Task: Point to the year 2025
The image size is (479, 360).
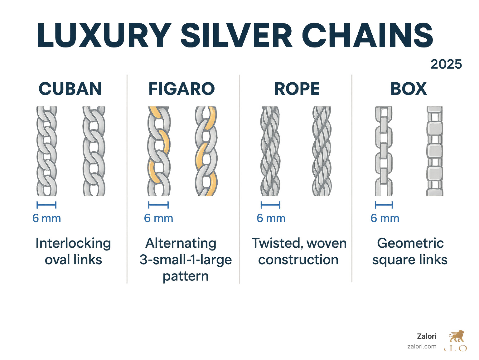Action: [446, 64]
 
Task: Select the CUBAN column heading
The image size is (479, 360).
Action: [70, 89]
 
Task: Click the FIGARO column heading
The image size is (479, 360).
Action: [181, 89]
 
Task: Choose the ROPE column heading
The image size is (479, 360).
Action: [297, 89]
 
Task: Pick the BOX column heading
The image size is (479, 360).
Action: [408, 89]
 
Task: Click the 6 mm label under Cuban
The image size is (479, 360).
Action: [47, 218]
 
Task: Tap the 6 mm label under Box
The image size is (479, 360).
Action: [385, 218]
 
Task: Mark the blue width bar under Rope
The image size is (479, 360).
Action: [270, 205]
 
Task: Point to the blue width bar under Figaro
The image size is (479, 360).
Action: [158, 205]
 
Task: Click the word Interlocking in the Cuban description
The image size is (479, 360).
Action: [73, 243]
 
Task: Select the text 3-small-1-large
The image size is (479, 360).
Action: [186, 260]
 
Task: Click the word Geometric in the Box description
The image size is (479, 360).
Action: [410, 243]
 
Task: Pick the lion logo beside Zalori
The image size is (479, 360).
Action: [457, 337]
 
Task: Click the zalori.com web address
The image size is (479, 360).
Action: [422, 346]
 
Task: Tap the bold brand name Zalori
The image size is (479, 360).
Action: [427, 336]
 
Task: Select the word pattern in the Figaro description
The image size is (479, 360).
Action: [186, 276]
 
